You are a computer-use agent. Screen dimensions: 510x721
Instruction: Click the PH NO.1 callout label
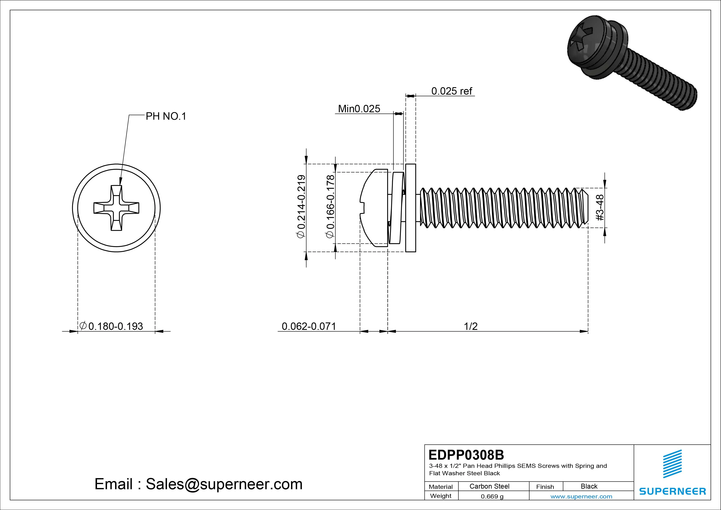pos(166,117)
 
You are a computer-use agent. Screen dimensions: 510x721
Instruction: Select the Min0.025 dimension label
pos(359,109)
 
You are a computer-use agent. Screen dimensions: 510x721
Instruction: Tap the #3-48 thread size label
pos(600,207)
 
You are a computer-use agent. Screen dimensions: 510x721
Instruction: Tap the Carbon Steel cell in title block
pos(489,486)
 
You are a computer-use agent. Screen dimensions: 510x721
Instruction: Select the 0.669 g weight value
pos(492,496)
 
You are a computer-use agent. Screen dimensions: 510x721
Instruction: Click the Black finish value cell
pos(589,486)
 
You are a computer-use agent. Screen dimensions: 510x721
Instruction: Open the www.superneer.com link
pos(581,496)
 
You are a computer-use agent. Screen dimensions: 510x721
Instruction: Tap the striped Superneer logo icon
pos(672,464)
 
